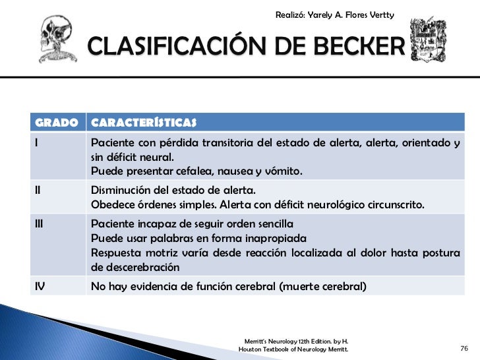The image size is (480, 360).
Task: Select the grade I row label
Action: tap(37, 143)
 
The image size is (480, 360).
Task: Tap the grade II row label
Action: tap(38, 189)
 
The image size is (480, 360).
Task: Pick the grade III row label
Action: tap(40, 222)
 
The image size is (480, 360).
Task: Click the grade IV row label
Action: tap(40, 285)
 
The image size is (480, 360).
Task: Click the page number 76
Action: tap(463, 347)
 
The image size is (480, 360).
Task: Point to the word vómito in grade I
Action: tap(282, 172)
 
